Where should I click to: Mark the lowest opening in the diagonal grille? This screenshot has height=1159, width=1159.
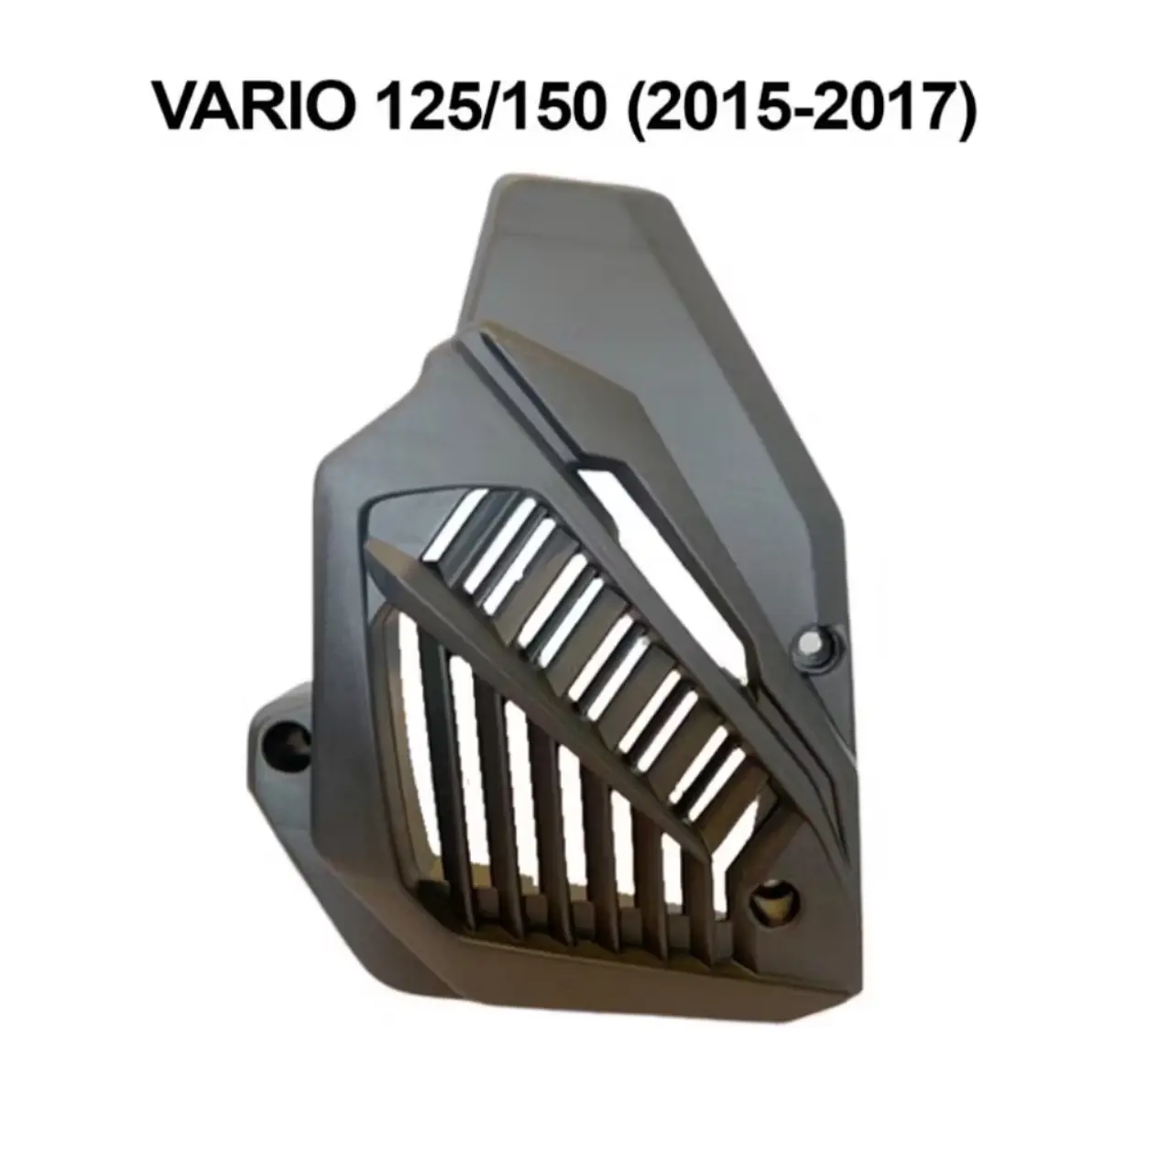(x=747, y=760)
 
